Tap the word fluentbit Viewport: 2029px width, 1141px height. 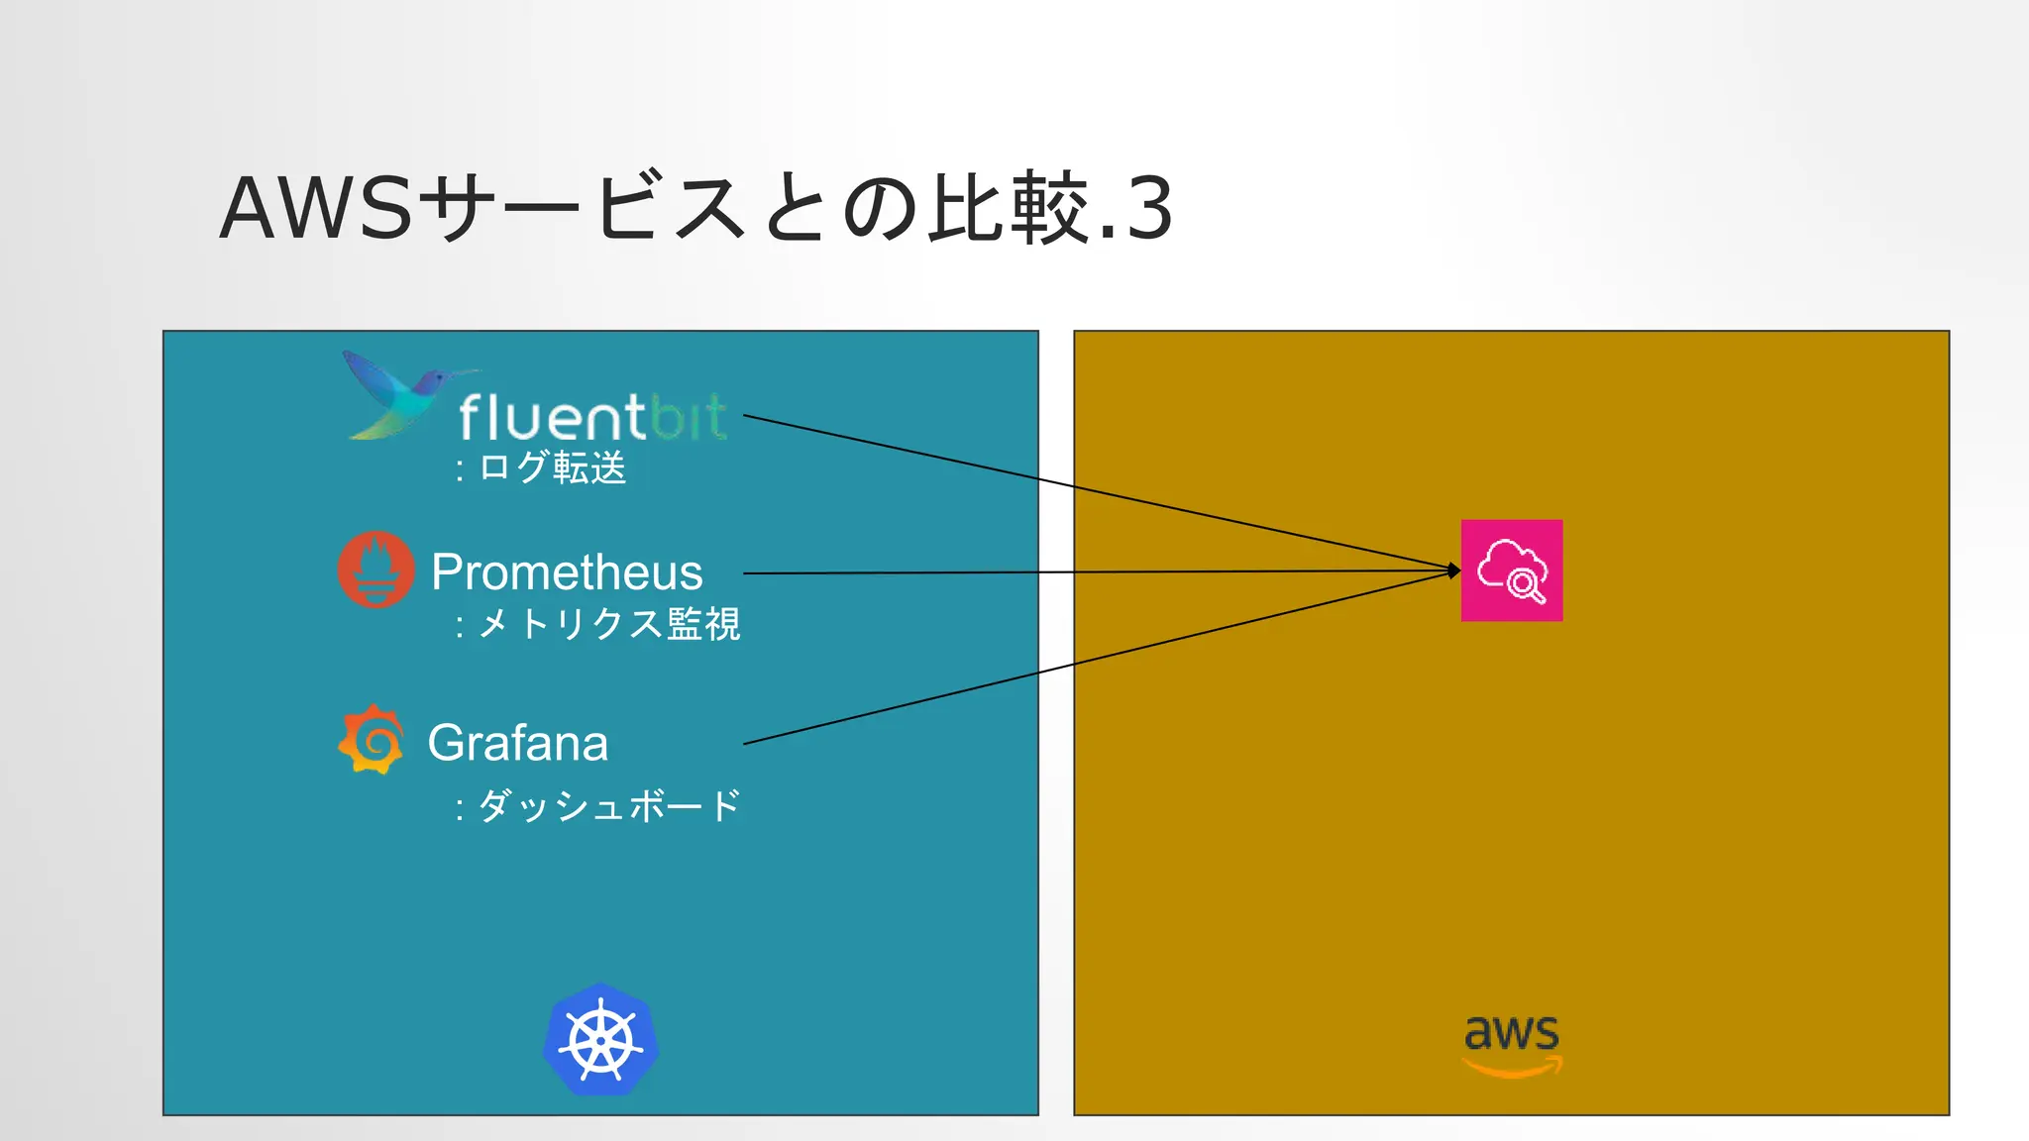pyautogui.click(x=592, y=417)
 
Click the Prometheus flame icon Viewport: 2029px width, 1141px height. pyautogui.click(x=375, y=570)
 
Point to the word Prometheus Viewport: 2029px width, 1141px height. pyautogui.click(x=567, y=572)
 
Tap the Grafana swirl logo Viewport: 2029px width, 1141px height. pyautogui.click(x=371, y=740)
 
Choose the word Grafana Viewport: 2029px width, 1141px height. pyautogui.click(x=517, y=743)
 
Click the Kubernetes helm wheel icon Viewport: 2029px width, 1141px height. pyautogui.click(x=600, y=1040)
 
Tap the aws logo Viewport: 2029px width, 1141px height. pyautogui.click(x=1512, y=1044)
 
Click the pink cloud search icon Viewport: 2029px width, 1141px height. pyautogui.click(x=1512, y=570)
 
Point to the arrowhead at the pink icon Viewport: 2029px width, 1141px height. pyautogui.click(x=1453, y=570)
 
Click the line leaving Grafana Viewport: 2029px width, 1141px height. pyautogui.click(x=1090, y=661)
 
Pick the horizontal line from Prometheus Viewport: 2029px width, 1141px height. pyautogui.click(x=1090, y=572)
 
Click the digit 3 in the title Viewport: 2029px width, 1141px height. pyautogui.click(x=1149, y=209)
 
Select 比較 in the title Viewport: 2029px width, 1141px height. pyautogui.click(x=1008, y=209)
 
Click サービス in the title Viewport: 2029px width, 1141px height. pyautogui.click(x=585, y=209)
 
